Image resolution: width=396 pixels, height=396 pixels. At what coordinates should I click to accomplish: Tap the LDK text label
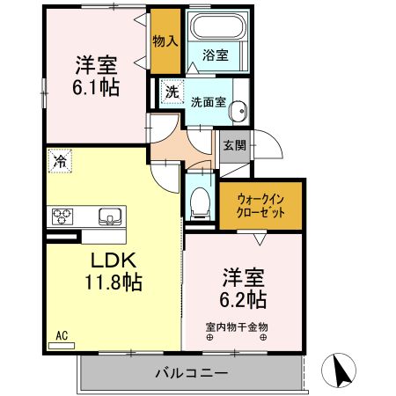coord(109,261)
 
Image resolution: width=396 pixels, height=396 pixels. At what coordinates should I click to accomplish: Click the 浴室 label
coord(216,55)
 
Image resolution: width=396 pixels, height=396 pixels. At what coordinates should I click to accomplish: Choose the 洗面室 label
coord(209,100)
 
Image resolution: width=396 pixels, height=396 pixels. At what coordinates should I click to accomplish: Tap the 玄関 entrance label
coord(234,145)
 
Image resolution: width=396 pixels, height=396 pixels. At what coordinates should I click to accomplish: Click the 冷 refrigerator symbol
coord(59,161)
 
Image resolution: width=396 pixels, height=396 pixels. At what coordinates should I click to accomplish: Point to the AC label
coord(62,335)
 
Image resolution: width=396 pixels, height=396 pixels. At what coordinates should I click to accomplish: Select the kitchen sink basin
coord(110,216)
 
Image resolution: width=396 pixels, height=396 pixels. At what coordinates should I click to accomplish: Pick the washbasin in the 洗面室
coord(240,112)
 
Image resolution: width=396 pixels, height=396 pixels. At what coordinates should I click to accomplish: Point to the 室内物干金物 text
coord(238,327)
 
